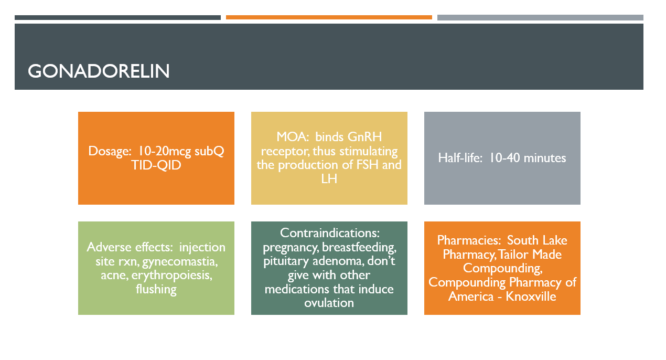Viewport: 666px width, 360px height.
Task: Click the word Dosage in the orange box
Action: pyautogui.click(x=110, y=152)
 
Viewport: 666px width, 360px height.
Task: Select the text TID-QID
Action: pyautogui.click(x=156, y=165)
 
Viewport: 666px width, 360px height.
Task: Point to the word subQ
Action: pyautogui.click(x=209, y=152)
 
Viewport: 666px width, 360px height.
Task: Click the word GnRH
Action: pyautogui.click(x=365, y=137)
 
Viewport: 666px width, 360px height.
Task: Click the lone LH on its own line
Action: pyautogui.click(x=329, y=179)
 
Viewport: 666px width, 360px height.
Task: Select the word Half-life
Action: pyautogui.click(x=460, y=158)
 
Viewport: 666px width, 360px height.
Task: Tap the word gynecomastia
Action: pyautogui.click(x=180, y=262)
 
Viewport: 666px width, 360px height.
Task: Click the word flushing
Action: pyautogui.click(x=156, y=289)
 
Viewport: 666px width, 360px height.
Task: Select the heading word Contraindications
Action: pyautogui.click(x=330, y=233)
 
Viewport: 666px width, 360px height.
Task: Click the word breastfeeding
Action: pyautogui.click(x=359, y=248)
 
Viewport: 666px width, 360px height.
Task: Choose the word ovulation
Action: pyautogui.click(x=329, y=303)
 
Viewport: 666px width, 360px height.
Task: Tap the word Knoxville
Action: pyautogui.click(x=531, y=297)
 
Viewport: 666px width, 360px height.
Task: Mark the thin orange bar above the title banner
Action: pyautogui.click(x=329, y=17)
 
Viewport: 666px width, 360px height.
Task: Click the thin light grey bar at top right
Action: pyautogui.click(x=540, y=17)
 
